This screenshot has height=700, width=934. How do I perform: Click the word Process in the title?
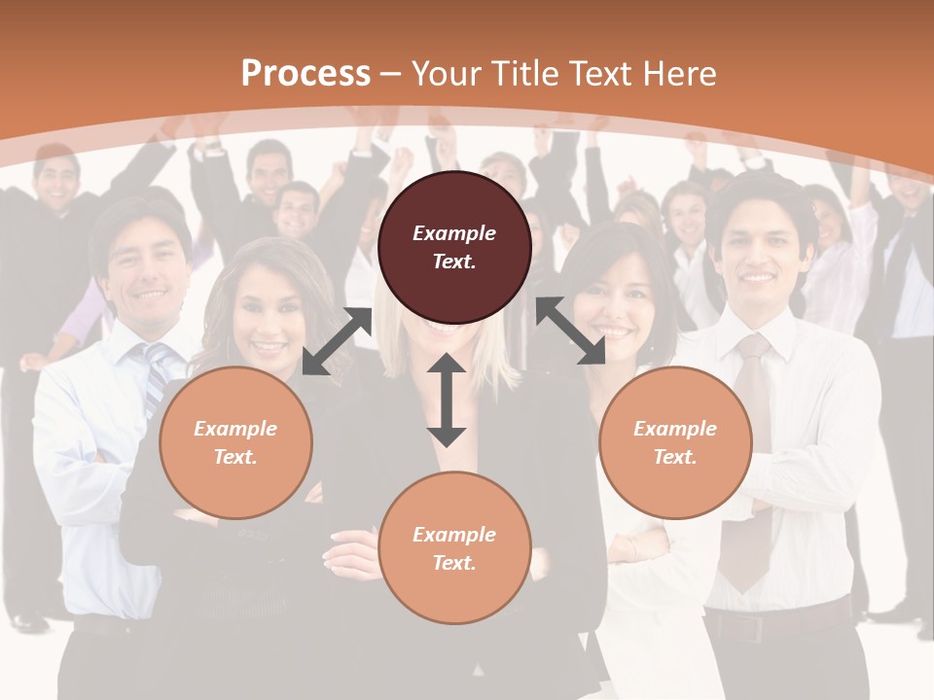(x=305, y=74)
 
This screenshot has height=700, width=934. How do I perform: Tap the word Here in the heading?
(x=678, y=74)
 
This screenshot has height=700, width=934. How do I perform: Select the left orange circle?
(x=235, y=442)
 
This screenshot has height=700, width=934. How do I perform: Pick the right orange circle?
(x=675, y=442)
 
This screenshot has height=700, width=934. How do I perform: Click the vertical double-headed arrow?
(x=447, y=400)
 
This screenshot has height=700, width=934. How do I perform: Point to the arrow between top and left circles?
(x=337, y=341)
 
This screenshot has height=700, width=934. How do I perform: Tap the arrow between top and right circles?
(x=570, y=331)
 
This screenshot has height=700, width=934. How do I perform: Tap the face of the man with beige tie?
(x=759, y=255)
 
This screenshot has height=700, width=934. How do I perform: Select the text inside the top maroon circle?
(x=454, y=247)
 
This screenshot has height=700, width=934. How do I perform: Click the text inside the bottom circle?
(x=454, y=548)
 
